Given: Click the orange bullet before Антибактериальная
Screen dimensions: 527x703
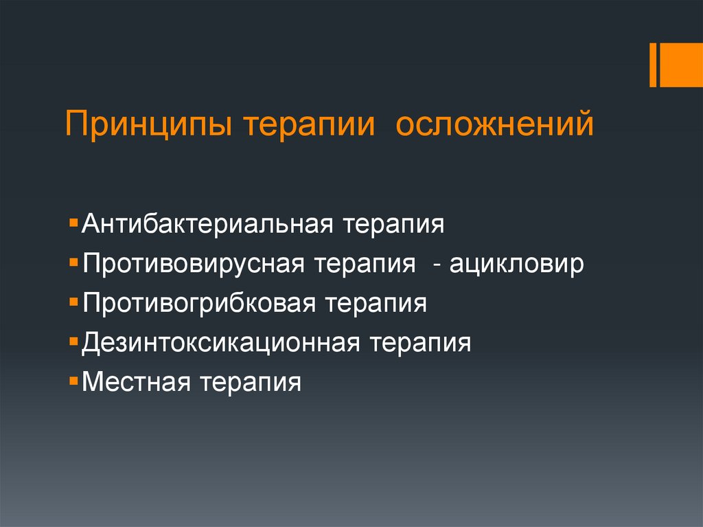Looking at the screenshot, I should pyautogui.click(x=73, y=224).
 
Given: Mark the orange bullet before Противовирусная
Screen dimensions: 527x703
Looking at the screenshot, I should pyautogui.click(x=73, y=263).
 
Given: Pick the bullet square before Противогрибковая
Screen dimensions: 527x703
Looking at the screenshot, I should pyautogui.click(x=73, y=302).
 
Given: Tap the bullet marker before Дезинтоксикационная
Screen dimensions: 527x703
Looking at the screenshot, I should pyautogui.click(x=73, y=341).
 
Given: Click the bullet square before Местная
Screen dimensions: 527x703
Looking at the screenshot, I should pyautogui.click(x=73, y=381).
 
